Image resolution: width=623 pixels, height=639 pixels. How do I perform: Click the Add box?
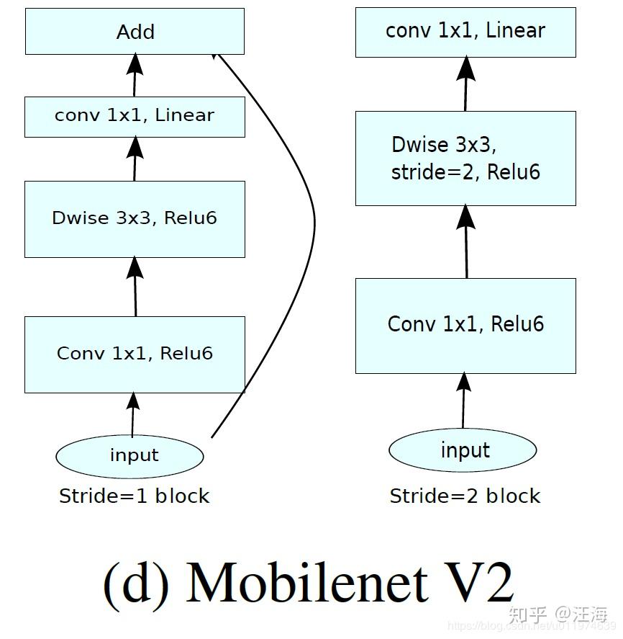135,32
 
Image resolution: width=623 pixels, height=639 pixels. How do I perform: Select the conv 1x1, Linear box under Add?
135,116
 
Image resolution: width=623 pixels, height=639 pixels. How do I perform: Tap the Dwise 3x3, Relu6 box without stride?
135,218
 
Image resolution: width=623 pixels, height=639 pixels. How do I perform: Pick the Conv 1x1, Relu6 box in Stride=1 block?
135,354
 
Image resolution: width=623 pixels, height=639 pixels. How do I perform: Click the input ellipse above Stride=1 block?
130,455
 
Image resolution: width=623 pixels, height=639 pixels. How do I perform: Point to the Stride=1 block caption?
134,496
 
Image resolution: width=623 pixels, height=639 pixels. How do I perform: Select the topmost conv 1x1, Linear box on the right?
465,32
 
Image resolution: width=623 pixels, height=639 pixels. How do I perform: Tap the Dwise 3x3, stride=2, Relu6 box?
465,158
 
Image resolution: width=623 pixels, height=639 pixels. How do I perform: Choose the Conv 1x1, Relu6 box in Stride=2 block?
465,325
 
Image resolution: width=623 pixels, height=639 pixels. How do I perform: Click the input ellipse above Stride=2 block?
463,450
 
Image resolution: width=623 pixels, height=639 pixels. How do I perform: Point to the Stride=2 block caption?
465,496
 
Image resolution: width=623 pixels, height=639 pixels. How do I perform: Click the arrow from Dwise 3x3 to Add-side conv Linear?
134,159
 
